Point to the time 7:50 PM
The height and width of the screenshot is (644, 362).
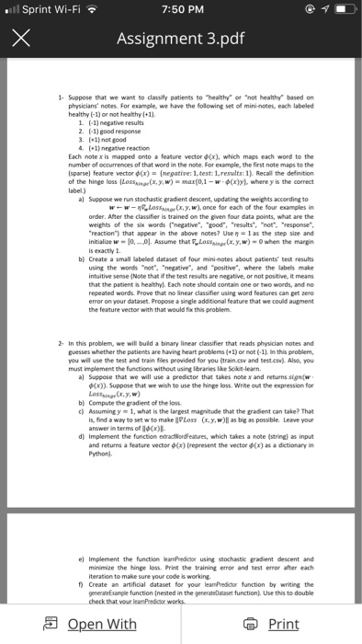click(180, 10)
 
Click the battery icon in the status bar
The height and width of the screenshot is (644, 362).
click(343, 10)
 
